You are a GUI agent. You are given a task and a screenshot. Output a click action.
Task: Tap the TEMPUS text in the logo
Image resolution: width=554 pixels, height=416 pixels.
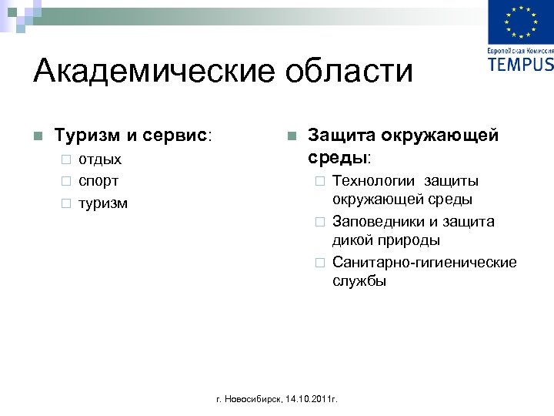(520, 63)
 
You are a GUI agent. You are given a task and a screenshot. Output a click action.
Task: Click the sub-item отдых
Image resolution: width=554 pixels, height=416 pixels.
(100, 159)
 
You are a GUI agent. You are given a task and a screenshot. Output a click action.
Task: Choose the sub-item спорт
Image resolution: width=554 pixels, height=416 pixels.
(98, 182)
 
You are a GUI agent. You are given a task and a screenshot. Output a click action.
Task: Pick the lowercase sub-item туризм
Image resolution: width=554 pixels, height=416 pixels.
(103, 203)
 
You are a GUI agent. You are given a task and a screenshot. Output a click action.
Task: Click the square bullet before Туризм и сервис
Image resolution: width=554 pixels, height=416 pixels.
(37, 136)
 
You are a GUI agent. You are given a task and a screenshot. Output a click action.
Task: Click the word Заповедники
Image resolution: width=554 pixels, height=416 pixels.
(378, 222)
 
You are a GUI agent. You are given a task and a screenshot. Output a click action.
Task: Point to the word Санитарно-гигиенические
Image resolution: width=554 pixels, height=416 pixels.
(424, 263)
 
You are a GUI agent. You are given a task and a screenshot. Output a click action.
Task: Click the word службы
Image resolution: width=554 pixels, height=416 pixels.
(359, 281)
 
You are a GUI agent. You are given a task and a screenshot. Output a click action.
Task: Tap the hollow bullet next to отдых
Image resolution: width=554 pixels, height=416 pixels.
(66, 160)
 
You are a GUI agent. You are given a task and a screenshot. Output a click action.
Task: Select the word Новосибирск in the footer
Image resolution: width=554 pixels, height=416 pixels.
(254, 400)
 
